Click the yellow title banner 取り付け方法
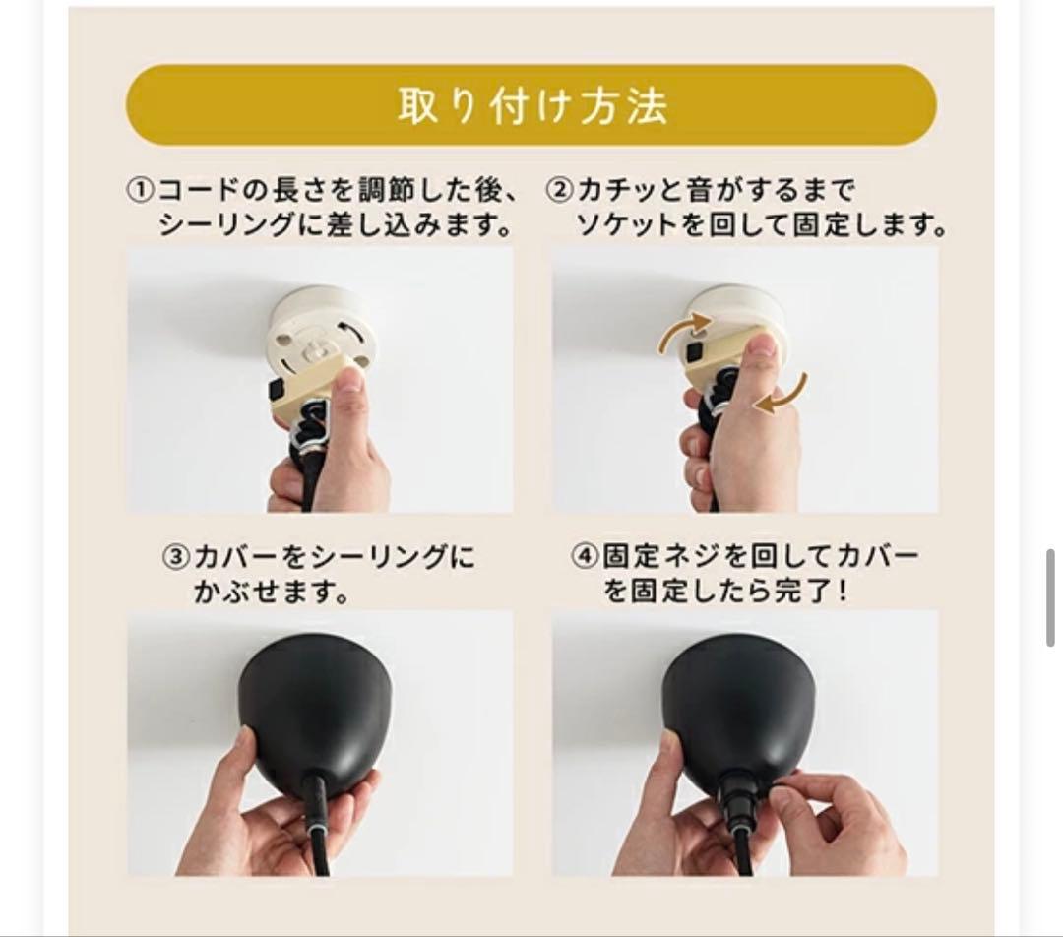(531, 105)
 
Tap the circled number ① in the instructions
(141, 189)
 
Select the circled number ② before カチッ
(560, 189)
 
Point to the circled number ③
(176, 558)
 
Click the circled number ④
(585, 557)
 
